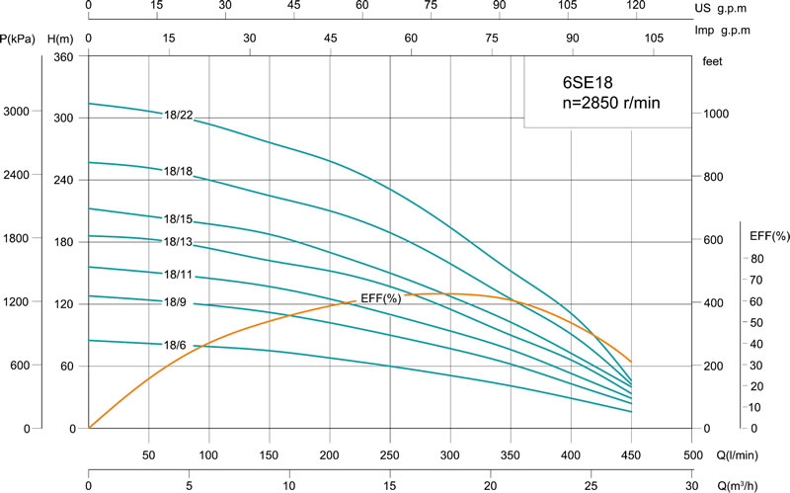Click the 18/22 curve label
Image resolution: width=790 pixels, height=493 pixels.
[178, 116]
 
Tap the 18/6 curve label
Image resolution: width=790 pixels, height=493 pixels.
[175, 344]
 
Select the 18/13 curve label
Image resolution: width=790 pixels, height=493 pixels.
[178, 242]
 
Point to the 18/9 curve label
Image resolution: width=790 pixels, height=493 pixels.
[175, 300]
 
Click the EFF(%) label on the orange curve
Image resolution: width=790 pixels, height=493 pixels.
[378, 298]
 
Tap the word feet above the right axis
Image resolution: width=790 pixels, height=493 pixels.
[713, 61]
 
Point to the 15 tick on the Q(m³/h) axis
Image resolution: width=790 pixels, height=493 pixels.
[390, 485]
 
